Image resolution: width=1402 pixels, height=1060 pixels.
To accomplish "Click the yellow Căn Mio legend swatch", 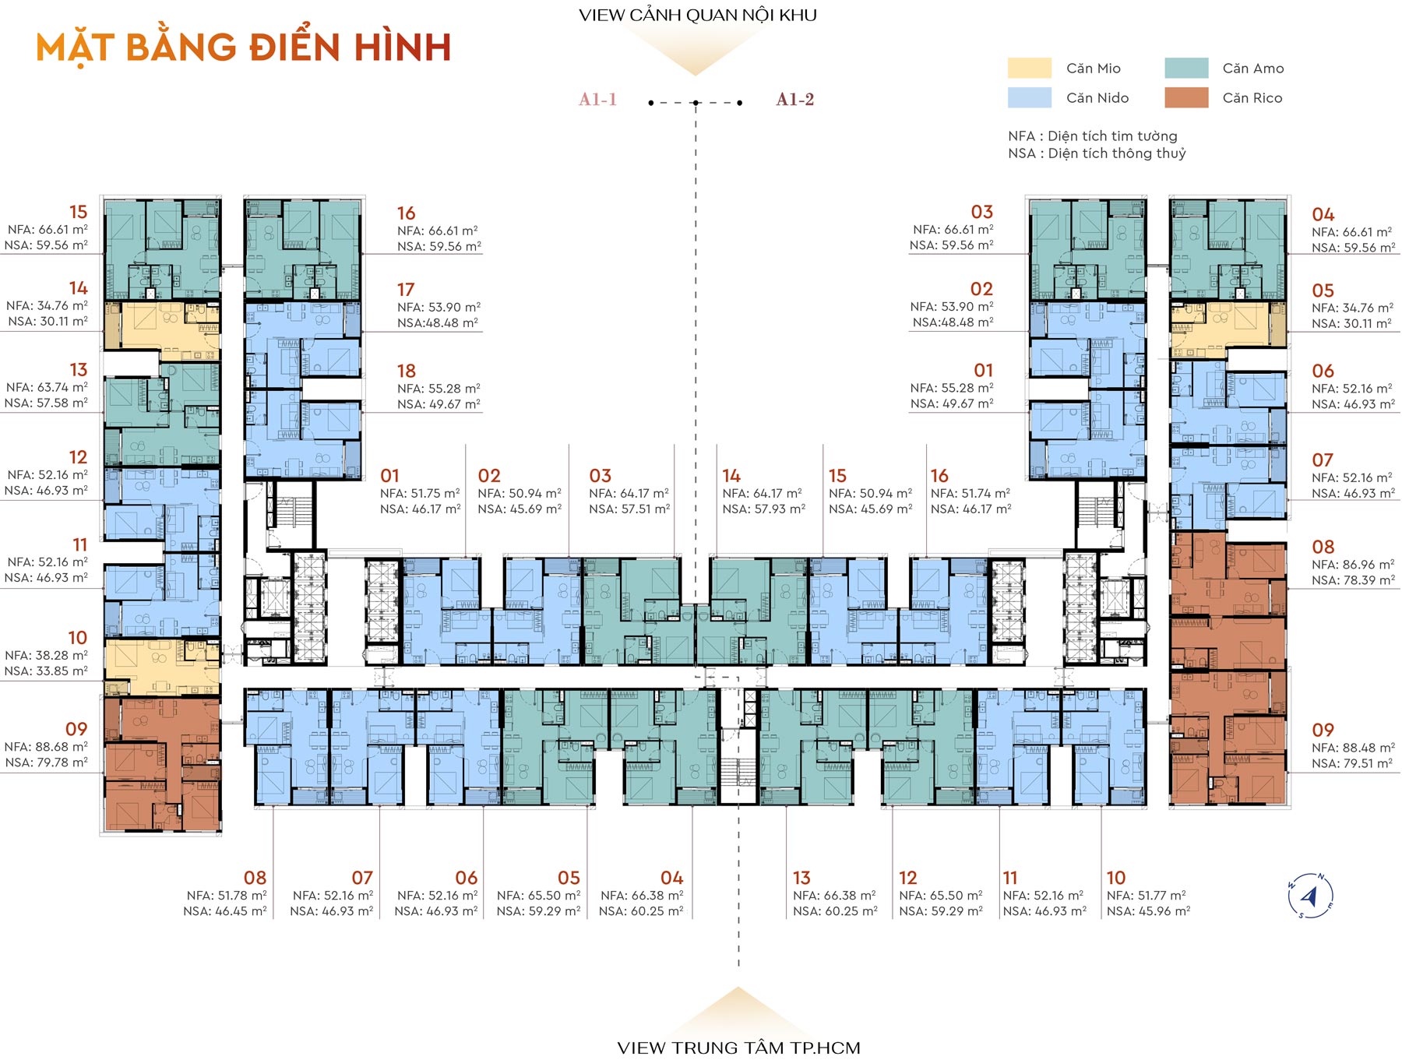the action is click(1029, 68).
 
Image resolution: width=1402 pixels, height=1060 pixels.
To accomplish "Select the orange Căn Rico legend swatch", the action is click(1186, 97).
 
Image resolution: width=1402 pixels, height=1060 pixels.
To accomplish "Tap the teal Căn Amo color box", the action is click(1186, 68).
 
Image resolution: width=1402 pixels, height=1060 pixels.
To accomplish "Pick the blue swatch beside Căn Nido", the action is click(1029, 97).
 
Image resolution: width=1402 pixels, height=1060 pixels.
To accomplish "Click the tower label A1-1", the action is click(597, 100).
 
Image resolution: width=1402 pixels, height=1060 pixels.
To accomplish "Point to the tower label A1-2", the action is click(794, 100).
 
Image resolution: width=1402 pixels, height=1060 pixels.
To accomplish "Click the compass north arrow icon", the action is click(1310, 896).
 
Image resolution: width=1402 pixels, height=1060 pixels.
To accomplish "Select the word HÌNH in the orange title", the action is click(403, 48).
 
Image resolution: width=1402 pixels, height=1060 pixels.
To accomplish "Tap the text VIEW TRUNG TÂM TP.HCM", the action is click(738, 1048).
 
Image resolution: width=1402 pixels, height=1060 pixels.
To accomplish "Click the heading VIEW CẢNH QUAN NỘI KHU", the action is click(698, 15).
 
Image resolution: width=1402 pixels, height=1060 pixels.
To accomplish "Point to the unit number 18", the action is click(406, 371).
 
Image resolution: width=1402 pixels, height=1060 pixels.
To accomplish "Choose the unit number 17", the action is click(405, 290).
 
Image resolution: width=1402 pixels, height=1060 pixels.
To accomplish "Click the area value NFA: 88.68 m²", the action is click(46, 747).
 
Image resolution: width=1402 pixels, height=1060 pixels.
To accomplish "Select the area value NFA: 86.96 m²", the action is click(1353, 565).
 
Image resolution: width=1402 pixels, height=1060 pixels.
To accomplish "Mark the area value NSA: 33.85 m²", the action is click(46, 671).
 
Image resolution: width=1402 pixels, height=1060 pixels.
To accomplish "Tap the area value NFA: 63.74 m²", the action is click(47, 388).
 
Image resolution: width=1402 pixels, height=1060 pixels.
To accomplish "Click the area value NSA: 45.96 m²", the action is click(1148, 911).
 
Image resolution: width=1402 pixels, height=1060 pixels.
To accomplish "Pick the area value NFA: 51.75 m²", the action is click(420, 494).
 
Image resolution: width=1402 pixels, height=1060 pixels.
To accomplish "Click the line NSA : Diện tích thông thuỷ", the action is click(1097, 153).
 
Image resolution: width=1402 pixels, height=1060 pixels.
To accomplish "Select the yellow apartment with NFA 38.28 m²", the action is click(161, 667).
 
